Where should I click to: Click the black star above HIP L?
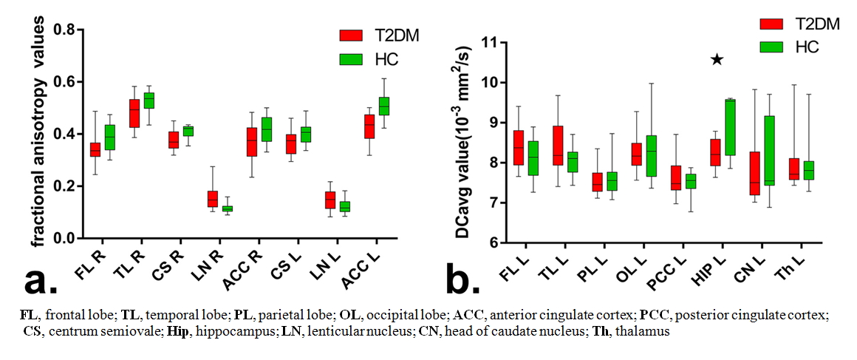pos(716,59)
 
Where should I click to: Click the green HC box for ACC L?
pos(383,106)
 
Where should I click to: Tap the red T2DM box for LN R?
pos(213,199)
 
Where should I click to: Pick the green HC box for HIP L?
pos(730,127)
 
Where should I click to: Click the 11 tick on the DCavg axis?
pos(494,43)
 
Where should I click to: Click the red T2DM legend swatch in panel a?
pos(351,36)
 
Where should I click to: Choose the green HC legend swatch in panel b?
pos(771,47)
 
